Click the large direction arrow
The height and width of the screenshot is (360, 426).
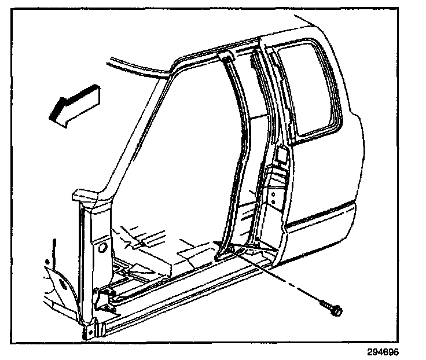point(73,104)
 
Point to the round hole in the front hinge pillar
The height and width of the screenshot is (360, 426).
point(102,249)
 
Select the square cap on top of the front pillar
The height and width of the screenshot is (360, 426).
point(81,196)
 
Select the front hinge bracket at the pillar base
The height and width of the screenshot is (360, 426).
point(103,298)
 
